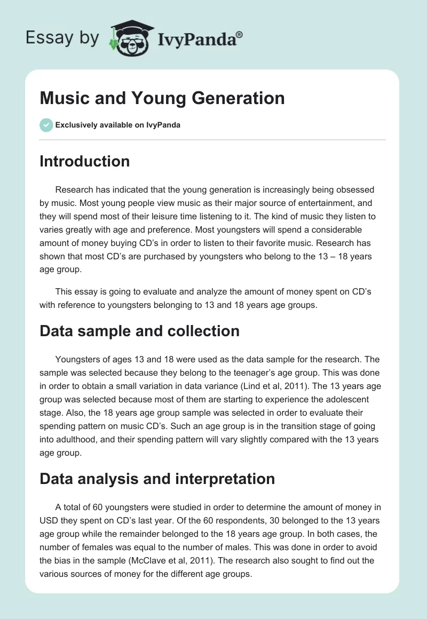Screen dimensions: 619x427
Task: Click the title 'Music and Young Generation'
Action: tap(162, 98)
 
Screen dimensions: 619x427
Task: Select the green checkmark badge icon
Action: tap(46, 125)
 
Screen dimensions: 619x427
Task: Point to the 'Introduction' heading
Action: tap(84, 161)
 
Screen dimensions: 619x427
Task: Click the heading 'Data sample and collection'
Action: tap(139, 331)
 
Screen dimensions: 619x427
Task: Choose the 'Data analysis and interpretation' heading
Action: tap(157, 479)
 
